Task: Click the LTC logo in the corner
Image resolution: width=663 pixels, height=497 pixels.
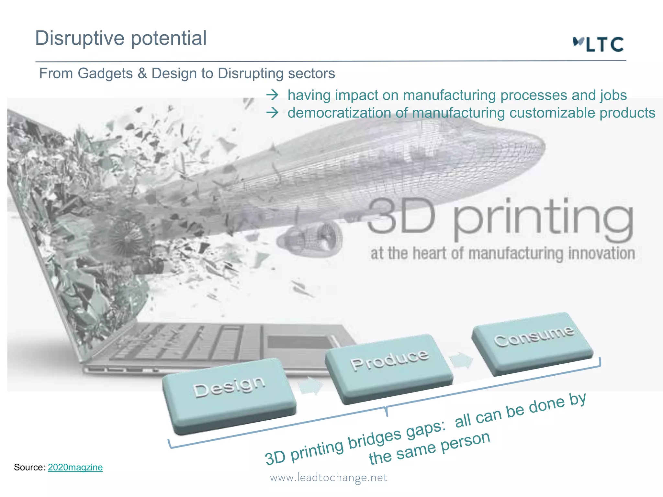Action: pos(598,44)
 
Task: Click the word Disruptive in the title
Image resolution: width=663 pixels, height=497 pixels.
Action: pos(80,38)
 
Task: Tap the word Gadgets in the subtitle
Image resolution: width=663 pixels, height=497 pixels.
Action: pos(105,73)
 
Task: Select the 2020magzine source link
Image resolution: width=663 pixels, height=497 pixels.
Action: pos(75,467)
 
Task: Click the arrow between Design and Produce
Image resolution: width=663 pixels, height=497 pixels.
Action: pos(311,386)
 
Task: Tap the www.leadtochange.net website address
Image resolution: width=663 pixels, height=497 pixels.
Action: pos(329,478)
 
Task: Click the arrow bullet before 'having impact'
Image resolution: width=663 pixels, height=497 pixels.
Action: pos(273,95)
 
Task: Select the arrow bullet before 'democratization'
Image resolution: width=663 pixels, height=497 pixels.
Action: pos(273,113)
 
